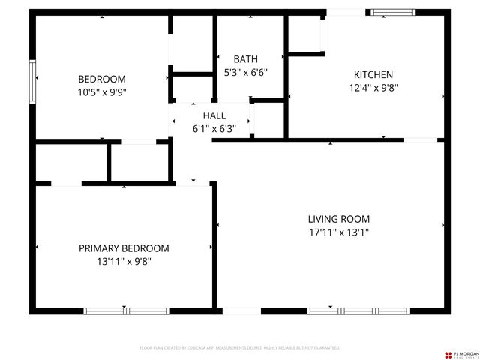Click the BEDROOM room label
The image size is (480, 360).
[102, 79]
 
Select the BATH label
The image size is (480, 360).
[245, 58]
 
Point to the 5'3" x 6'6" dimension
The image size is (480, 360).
[245, 72]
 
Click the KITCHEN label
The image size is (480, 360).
[373, 74]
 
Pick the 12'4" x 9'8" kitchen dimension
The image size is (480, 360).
[373, 87]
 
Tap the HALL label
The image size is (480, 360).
[214, 115]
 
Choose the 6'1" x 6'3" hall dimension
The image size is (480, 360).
[214, 128]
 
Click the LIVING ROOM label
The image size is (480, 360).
[339, 219]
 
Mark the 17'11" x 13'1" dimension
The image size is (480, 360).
[339, 232]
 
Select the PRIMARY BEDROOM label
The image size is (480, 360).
[124, 248]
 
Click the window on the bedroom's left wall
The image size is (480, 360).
[33, 81]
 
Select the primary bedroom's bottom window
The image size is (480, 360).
[115, 310]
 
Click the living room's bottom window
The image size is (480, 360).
[352, 310]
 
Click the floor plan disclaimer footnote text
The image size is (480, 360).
[240, 348]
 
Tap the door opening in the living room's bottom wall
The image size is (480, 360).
[241, 310]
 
